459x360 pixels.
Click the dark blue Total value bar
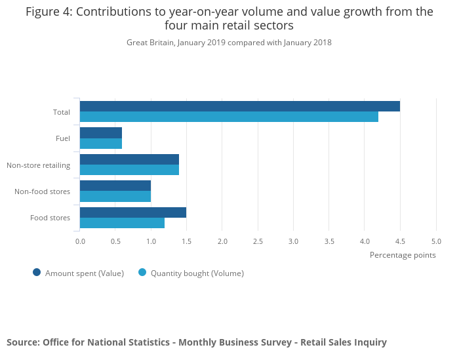tap(239, 106)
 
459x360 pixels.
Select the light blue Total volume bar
tap(229, 117)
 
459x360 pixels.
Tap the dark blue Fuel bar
tap(101, 132)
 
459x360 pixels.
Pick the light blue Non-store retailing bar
tap(129, 170)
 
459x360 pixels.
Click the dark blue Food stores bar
tap(133, 212)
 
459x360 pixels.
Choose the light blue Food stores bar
tap(122, 223)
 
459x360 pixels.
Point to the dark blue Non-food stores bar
tap(115, 186)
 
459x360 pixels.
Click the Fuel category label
tap(63, 138)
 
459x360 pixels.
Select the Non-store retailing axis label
tap(38, 165)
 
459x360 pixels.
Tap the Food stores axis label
tap(50, 218)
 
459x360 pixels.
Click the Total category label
tap(62, 112)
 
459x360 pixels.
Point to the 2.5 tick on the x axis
tap(258, 241)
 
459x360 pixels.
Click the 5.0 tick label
tap(436, 241)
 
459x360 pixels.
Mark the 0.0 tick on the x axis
tap(80, 241)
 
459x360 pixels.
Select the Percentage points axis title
tap(403, 255)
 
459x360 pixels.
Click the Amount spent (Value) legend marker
tap(37, 273)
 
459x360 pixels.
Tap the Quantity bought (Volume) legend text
tap(197, 273)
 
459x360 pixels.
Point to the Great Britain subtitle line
tap(229, 43)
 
